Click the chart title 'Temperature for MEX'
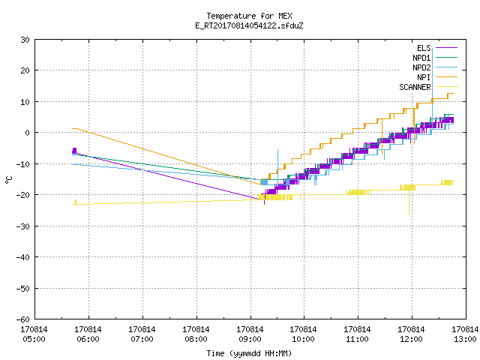pos(249,16)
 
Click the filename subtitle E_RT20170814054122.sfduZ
pos(249,25)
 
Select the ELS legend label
pos(424,48)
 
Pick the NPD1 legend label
pos(421,58)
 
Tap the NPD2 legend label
pos(421,67)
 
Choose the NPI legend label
pos(424,77)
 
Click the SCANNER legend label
pos(415,87)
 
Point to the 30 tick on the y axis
pos(25,40)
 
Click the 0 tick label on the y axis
pos(28,133)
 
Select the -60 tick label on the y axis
pos(23,319)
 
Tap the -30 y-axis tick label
pos(23,226)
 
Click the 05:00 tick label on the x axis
pos(34,334)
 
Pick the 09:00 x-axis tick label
pos(250,334)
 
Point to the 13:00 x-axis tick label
pos(465,334)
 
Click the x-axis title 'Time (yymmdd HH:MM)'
pos(249,353)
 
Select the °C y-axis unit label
pos(9,180)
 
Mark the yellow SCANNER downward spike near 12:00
pos(409,202)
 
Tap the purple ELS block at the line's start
pos(74,151)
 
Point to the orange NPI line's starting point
pos(73,128)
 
